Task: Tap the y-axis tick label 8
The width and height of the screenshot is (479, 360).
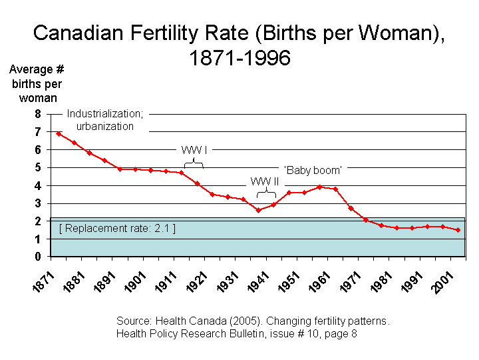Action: (38, 114)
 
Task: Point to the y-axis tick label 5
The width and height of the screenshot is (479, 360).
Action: (38, 167)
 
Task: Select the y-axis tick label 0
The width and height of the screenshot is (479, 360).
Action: (38, 256)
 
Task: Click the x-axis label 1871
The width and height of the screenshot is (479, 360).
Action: (43, 282)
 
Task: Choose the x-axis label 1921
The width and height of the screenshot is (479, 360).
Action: (197, 282)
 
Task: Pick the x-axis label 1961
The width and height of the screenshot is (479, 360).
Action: (319, 282)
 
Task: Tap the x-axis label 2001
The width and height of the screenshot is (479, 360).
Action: (442, 282)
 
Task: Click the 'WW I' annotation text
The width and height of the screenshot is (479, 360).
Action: (194, 150)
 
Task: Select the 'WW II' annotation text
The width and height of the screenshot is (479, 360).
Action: (265, 181)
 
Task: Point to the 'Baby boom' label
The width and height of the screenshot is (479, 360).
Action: (313, 170)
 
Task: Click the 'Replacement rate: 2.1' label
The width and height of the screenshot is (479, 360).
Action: (117, 229)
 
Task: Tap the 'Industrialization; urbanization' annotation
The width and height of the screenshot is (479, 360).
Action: (105, 120)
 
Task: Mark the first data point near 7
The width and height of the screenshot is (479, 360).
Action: (59, 134)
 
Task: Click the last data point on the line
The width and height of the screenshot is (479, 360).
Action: (458, 230)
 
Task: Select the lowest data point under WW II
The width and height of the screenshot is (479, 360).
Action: (258, 210)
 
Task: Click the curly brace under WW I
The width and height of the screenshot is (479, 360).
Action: (194, 163)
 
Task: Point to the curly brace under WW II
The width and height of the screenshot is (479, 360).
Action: (266, 193)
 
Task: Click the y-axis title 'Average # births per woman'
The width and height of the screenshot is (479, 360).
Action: (37, 83)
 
